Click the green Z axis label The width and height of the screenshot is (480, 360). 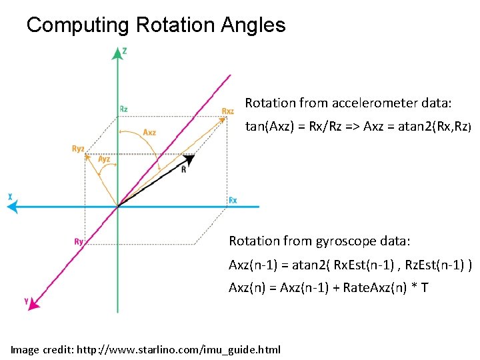[x=125, y=51]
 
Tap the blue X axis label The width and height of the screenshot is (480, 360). [x=10, y=196]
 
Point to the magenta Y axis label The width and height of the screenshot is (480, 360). [x=26, y=301]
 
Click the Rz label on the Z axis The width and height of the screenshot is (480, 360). [x=124, y=109]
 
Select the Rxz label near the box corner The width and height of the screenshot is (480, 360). [x=227, y=111]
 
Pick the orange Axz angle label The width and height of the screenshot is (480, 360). [x=149, y=133]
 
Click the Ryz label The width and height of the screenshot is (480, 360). [x=78, y=149]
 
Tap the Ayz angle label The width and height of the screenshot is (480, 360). [x=104, y=159]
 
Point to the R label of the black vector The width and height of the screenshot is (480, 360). [x=183, y=169]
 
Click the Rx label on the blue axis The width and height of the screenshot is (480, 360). [x=233, y=200]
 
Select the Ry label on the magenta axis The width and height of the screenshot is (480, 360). [x=79, y=241]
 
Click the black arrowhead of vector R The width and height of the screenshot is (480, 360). [x=191, y=159]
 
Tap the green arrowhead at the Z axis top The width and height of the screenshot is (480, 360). [x=118, y=53]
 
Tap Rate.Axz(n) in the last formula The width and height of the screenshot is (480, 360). [x=376, y=288]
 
